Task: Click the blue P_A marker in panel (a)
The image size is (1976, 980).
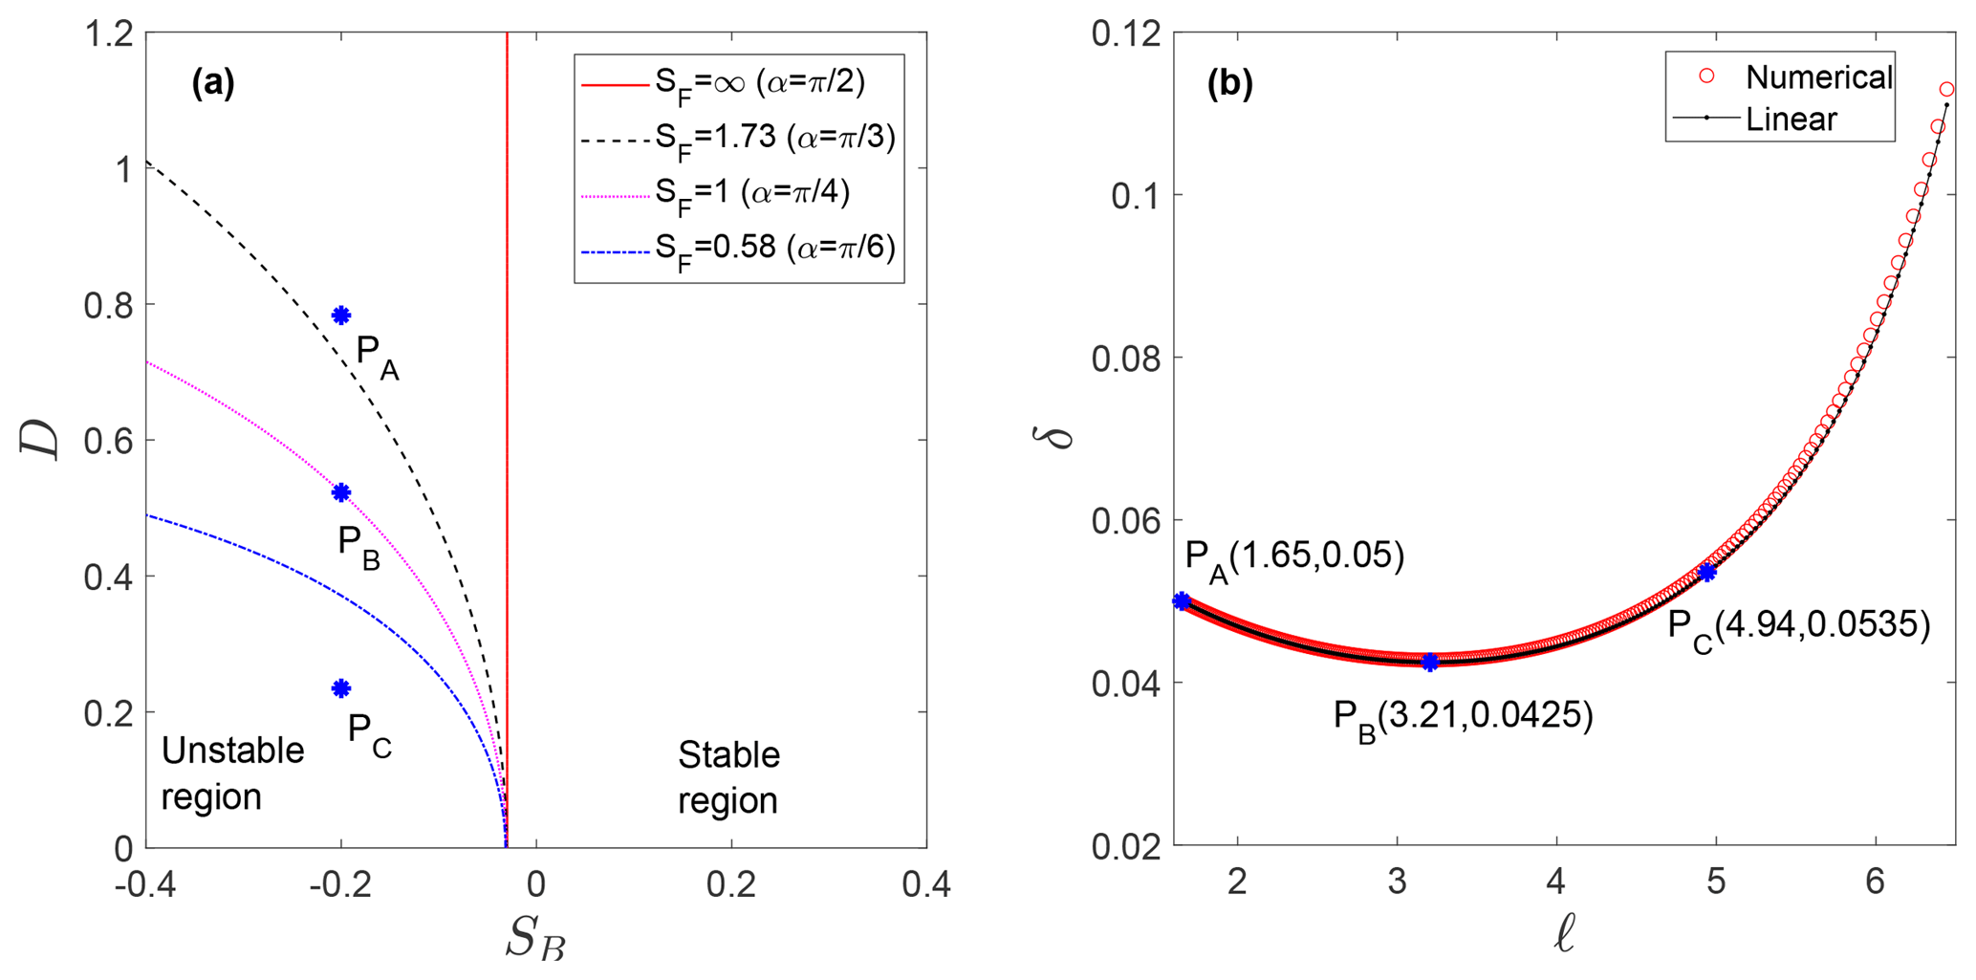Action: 341,316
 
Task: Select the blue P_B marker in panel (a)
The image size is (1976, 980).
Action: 341,492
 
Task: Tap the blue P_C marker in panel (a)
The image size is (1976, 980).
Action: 341,688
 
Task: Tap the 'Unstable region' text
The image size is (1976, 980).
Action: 232,773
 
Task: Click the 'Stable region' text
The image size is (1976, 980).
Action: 728,777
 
